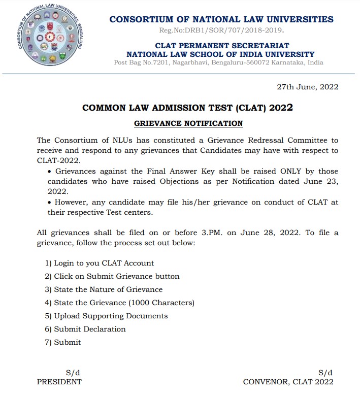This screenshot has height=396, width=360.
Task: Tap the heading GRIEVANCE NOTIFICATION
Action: (x=188, y=123)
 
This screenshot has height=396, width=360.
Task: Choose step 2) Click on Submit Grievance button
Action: (x=112, y=276)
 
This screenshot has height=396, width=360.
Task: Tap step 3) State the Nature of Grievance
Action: (x=104, y=289)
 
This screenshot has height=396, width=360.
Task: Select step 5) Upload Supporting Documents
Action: (x=106, y=316)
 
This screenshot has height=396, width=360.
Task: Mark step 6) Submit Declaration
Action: (x=85, y=329)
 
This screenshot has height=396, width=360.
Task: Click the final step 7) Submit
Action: (x=63, y=342)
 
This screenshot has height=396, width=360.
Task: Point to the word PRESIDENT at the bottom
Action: (x=59, y=382)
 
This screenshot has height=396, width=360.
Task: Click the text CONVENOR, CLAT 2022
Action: (x=288, y=382)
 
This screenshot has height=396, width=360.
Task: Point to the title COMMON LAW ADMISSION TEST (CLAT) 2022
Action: (x=187, y=108)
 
